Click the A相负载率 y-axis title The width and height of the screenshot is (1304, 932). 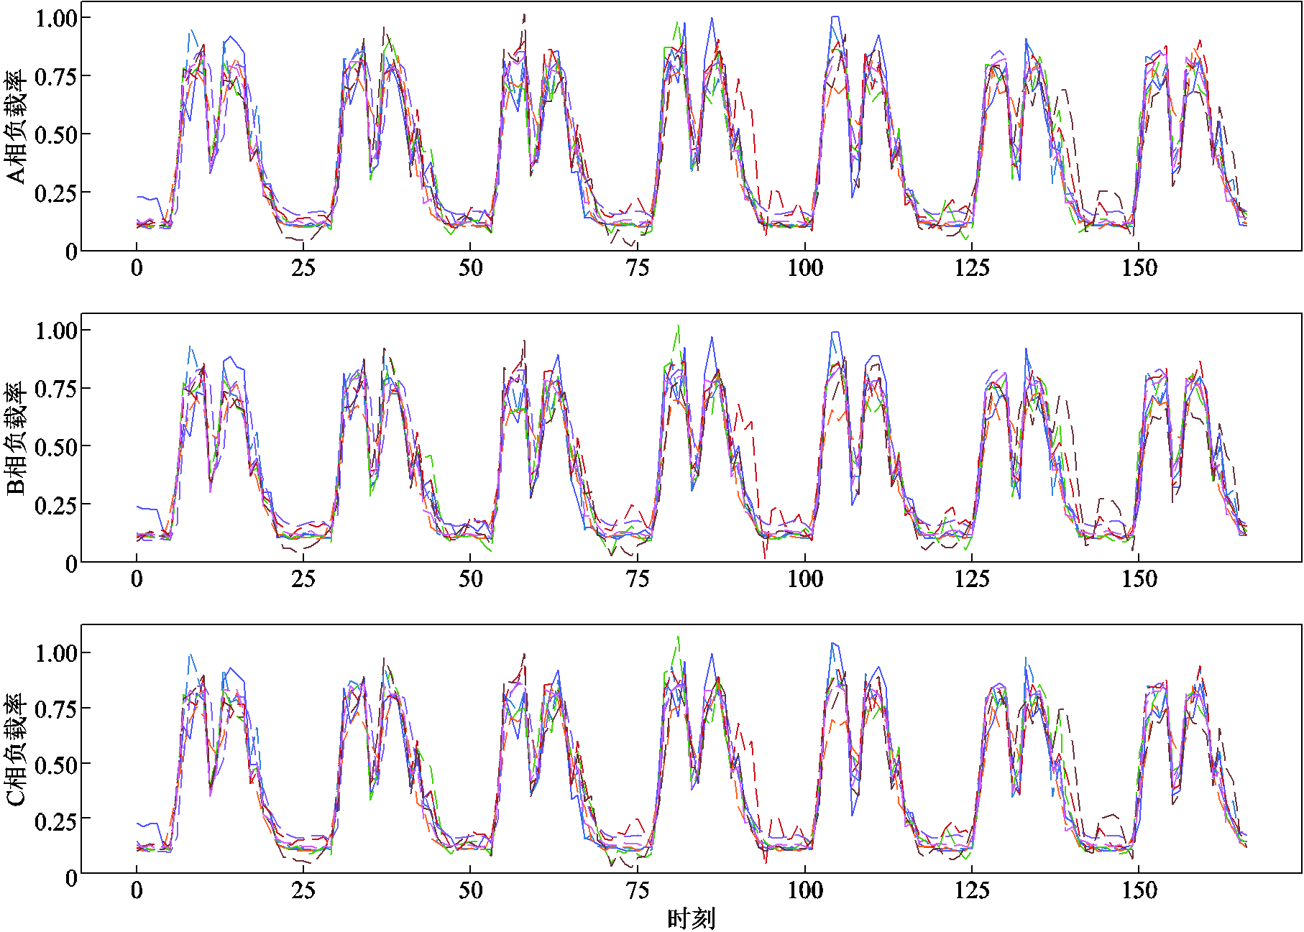click(x=16, y=127)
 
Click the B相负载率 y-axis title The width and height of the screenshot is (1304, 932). click(x=16, y=438)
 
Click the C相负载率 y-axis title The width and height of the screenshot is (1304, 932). click(x=16, y=749)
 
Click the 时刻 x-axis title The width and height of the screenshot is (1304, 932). click(x=691, y=918)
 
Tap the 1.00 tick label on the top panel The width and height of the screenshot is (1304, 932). click(x=56, y=18)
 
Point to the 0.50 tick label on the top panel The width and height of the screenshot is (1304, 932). click(x=56, y=135)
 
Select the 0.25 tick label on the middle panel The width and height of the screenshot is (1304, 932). click(x=56, y=505)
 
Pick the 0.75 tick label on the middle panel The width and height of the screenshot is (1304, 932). click(x=56, y=389)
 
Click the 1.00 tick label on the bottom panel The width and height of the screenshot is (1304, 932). click(x=56, y=653)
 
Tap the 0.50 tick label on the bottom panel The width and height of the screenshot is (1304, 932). click(x=56, y=765)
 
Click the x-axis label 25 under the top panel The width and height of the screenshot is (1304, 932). click(x=303, y=269)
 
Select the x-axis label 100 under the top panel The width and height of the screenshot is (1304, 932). click(x=804, y=269)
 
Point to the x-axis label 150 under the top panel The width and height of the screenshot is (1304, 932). click(x=1139, y=269)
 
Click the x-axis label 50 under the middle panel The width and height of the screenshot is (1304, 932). click(x=471, y=579)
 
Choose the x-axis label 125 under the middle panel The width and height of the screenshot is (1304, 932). click(x=972, y=579)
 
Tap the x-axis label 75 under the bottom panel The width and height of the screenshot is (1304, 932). click(x=638, y=891)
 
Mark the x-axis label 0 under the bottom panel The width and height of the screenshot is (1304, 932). click(x=137, y=891)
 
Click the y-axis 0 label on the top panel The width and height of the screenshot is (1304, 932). click(x=70, y=252)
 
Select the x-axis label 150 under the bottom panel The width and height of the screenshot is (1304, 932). click(x=1139, y=891)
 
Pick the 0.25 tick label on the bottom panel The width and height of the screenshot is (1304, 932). click(x=56, y=821)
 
